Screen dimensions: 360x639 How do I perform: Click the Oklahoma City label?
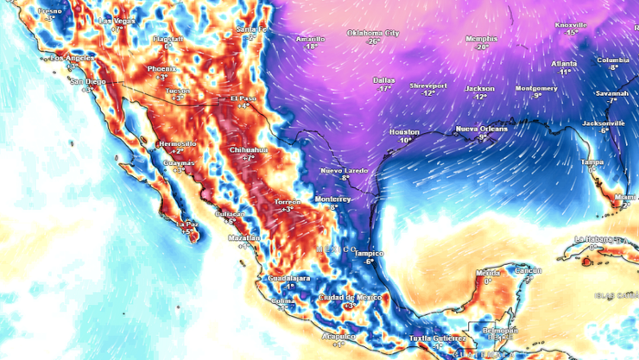coord(373,33)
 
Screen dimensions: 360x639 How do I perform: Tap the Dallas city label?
coord(383,80)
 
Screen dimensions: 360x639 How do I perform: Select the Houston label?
coord(404,132)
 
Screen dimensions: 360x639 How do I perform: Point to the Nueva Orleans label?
coord(482,129)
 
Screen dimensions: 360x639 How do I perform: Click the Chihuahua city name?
coord(248,149)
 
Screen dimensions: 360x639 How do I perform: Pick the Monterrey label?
coord(332,199)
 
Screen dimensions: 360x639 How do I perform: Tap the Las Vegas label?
coord(117,20)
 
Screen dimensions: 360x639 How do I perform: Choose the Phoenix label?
coord(161,68)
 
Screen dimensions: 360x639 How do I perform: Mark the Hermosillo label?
coord(177,143)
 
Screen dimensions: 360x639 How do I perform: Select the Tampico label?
coord(369,253)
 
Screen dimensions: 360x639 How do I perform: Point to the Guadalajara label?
coord(287,279)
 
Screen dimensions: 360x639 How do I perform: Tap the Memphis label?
coord(481,39)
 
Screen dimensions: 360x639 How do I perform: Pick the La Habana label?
coord(593,239)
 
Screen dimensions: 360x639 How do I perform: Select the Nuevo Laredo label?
coord(345,171)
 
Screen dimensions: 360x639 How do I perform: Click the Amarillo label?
coord(310,39)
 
